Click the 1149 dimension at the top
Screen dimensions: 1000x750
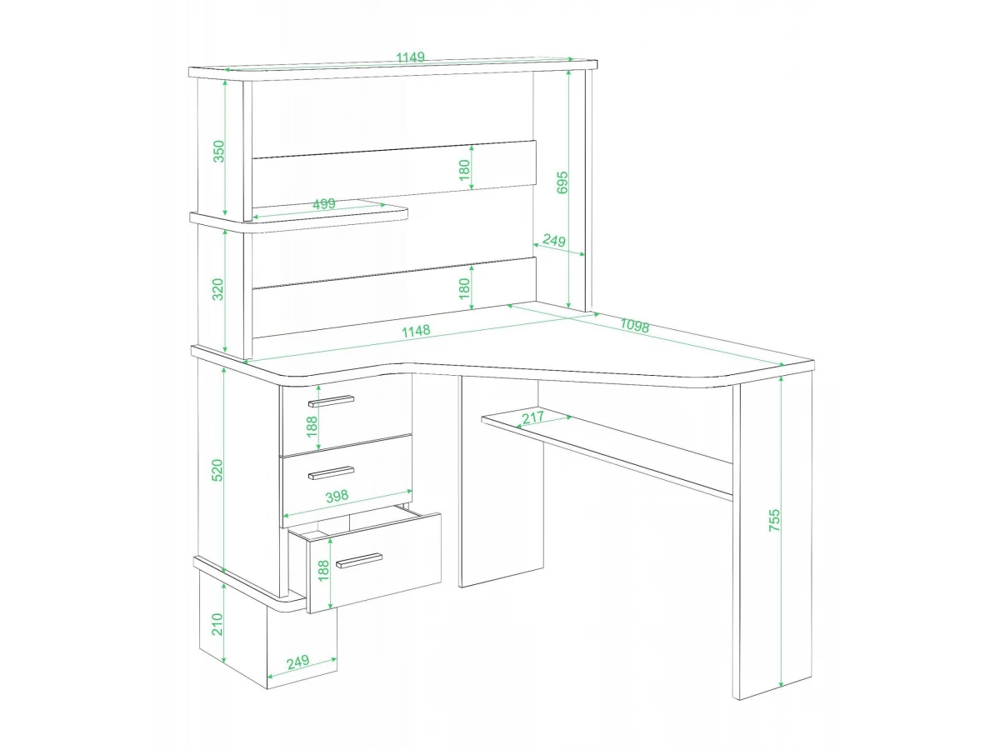point(410,57)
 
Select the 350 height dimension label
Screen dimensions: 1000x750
point(218,151)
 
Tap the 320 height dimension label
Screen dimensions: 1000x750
point(217,289)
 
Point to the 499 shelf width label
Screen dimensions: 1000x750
point(324,203)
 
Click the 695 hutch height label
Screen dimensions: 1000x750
point(562,182)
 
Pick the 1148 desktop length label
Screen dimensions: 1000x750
point(416,331)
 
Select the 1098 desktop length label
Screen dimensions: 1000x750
point(635,326)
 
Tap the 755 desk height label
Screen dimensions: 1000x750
point(774,520)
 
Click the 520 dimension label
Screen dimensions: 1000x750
point(217,470)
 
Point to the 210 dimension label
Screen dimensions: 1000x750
point(217,624)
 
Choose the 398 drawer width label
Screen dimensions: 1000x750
point(337,496)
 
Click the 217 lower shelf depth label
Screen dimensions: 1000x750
point(533,417)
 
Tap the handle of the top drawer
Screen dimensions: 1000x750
point(331,401)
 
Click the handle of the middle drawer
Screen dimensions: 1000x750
point(331,472)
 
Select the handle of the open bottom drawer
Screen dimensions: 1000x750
point(359,561)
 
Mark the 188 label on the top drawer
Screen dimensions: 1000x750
point(312,427)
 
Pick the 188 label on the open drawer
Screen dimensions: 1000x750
point(323,571)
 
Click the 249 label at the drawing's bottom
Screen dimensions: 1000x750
point(298,662)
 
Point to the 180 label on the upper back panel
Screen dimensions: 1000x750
point(464,170)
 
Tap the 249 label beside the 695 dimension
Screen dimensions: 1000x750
point(554,241)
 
